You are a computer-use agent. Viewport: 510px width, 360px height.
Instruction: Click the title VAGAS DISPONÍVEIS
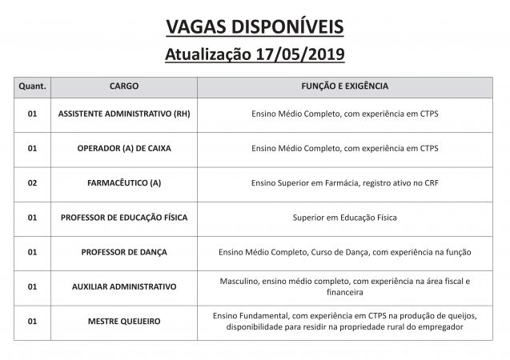pyautogui.click(x=255, y=26)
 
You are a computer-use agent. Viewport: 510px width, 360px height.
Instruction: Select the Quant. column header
pyautogui.click(x=32, y=86)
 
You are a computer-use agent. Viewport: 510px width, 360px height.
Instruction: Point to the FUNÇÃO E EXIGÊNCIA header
pyautogui.click(x=344, y=86)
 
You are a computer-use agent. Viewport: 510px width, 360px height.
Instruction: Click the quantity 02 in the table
pyautogui.click(x=32, y=182)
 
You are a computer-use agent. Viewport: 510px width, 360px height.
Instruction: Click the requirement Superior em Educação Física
pyautogui.click(x=344, y=217)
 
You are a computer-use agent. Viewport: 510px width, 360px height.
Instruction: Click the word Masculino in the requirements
pyautogui.click(x=239, y=281)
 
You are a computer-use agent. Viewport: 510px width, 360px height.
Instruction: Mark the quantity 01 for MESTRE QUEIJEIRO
pyautogui.click(x=32, y=321)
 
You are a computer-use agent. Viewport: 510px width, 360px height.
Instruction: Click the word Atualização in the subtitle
pyautogui.click(x=203, y=55)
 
